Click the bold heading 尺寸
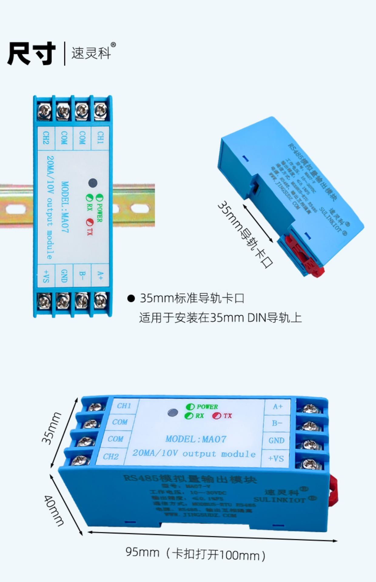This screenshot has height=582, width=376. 32,53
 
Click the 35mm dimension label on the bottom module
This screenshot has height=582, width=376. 52,428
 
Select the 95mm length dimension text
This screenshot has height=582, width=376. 142,552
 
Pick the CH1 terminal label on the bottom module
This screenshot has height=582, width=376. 124,406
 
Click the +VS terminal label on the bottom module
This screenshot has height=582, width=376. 276,458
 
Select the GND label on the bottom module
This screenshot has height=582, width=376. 276,440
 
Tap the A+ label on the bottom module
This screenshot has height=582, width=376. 278,406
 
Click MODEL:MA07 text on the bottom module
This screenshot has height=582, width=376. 196,439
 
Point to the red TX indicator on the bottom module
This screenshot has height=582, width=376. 217,416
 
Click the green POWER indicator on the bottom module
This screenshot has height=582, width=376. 190,407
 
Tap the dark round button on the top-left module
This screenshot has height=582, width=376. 92,183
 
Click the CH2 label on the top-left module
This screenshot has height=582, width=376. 46,138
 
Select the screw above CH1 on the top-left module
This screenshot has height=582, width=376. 100,111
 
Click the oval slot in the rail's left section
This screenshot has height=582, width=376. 15,209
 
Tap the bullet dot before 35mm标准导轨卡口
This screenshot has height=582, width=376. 131,299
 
